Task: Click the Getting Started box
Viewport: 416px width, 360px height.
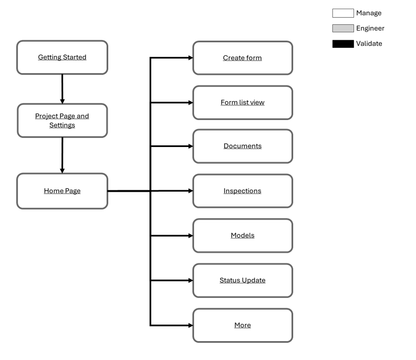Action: (62, 57)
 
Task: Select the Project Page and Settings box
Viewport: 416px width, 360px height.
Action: (62, 121)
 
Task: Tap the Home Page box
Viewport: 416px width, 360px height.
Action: (62, 191)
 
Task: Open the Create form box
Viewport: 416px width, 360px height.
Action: (242, 58)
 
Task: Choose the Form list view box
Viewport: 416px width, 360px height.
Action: (242, 103)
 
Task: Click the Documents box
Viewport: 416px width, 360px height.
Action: (242, 146)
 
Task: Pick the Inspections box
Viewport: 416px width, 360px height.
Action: (242, 191)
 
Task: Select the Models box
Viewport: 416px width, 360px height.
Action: (242, 236)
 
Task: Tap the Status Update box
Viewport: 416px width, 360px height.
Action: (242, 281)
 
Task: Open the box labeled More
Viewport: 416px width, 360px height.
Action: (242, 325)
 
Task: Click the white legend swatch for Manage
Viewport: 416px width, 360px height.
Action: (343, 13)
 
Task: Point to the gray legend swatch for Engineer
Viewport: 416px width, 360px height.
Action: (343, 28)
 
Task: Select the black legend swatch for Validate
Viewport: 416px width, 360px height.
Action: (343, 44)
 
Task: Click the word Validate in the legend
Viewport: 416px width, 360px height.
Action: (369, 44)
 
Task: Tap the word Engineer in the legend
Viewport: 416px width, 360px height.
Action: (370, 28)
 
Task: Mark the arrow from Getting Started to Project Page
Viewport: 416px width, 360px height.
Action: (62, 89)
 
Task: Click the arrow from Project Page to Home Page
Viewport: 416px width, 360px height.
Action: (62, 155)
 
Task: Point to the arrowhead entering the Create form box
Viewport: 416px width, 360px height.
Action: (190, 58)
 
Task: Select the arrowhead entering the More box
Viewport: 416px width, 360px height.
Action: (190, 325)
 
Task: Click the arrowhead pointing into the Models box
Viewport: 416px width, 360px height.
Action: (190, 236)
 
